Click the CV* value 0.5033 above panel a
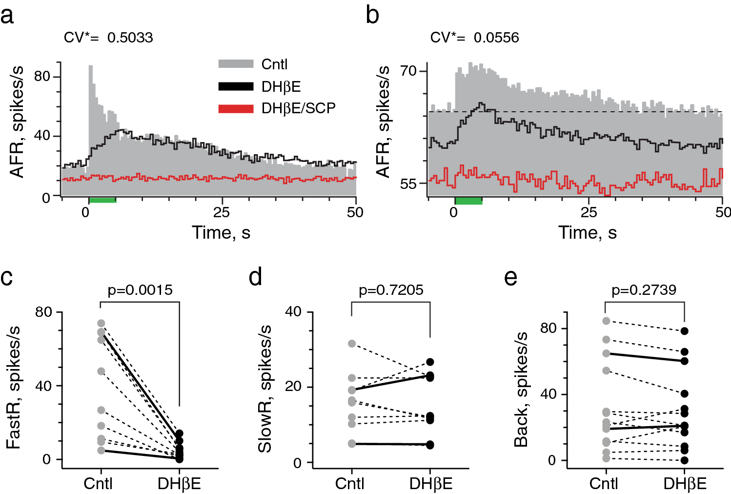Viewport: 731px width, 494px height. pos(130,38)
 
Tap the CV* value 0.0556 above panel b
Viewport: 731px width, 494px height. pos(496,38)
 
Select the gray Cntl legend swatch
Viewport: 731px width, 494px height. pos(236,64)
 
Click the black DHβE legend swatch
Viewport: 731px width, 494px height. pos(236,86)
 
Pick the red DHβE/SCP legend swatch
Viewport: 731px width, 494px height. pos(236,108)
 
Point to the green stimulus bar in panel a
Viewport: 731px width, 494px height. pos(102,200)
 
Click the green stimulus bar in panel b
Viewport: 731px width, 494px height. pos(468,201)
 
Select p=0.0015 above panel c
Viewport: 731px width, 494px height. pos(140,290)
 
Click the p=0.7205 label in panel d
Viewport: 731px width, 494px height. pos(391,290)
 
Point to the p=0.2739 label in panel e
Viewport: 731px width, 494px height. pos(644,290)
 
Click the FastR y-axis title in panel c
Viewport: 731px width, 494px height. pos(14,387)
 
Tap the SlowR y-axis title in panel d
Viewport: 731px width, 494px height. pos(265,389)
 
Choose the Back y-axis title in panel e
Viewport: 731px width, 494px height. pos(521,389)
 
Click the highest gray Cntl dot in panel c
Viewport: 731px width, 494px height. pos(101,323)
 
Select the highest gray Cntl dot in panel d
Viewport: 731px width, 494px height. pos(352,344)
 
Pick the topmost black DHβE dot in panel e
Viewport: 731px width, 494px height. pos(685,331)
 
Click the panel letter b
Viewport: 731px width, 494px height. pos(372,16)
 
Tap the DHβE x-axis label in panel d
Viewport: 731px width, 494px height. pos(430,484)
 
